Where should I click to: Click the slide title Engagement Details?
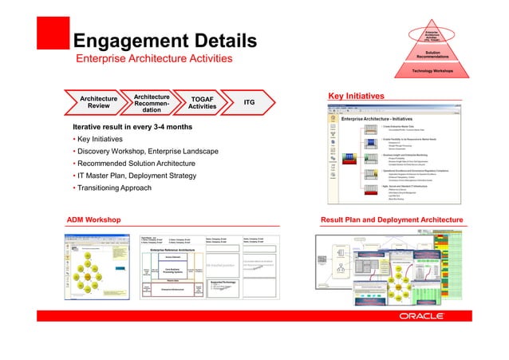(164, 40)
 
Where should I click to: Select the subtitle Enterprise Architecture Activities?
(154, 60)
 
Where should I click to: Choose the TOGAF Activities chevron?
(203, 104)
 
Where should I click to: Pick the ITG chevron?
(249, 103)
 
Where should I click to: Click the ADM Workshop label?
(93, 218)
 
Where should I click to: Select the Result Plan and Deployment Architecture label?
(391, 218)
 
